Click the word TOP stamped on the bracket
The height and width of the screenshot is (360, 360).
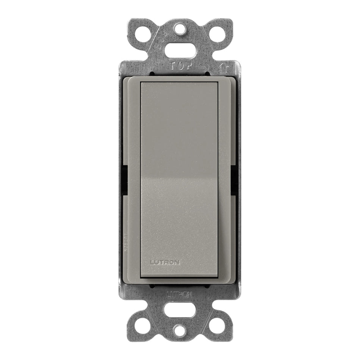[180, 66]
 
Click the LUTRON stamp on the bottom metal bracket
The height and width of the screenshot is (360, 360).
[180, 294]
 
